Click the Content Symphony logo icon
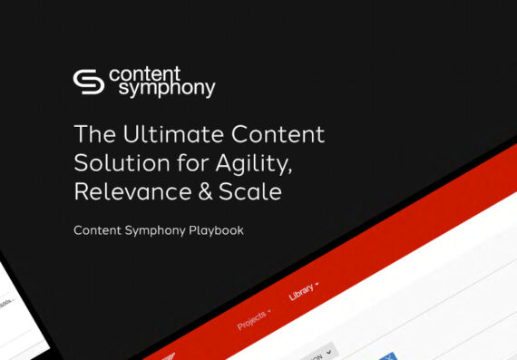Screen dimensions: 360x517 88,81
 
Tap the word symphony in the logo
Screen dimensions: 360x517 161,89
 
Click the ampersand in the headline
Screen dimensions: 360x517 198,192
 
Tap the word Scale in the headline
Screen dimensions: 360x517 247,192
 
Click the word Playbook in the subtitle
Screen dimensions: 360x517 217,230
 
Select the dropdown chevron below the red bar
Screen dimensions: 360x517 328,350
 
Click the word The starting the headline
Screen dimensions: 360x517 93,135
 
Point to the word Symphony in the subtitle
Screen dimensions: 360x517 158,230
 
